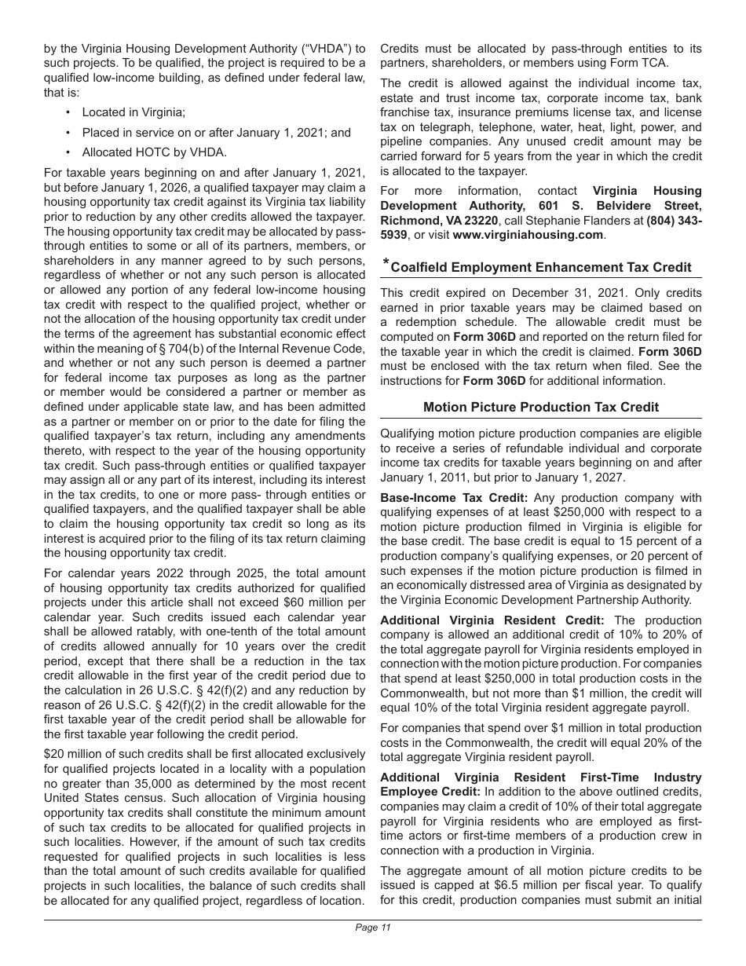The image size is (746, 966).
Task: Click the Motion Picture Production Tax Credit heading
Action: [540, 407]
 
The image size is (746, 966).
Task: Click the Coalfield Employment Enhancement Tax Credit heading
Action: [540, 267]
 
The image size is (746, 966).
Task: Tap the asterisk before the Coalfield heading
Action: [385, 263]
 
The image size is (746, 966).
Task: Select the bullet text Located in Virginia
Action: [133, 113]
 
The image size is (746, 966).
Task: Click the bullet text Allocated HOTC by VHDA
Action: [143, 152]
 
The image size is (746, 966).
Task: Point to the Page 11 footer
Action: [373, 928]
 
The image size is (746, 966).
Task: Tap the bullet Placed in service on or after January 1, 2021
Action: [216, 133]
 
